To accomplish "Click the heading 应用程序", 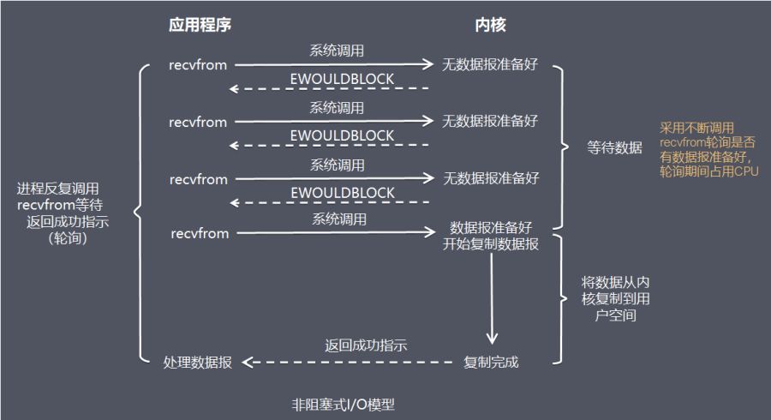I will [x=200, y=25].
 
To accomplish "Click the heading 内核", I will [x=491, y=25].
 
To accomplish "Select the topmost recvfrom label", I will [x=199, y=64].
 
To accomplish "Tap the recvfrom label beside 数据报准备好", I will [x=200, y=233].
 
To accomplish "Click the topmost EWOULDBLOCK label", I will [x=342, y=79].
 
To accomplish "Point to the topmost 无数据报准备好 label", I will [x=490, y=64].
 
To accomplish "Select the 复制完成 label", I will [x=491, y=362].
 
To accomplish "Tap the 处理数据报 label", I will [x=197, y=362].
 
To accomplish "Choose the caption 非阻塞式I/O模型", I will [x=343, y=404].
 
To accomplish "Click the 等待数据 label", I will [x=614, y=147].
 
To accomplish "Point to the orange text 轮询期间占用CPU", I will [x=709, y=171].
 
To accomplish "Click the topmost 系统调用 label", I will [x=337, y=51].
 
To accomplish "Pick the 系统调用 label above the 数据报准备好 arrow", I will [x=338, y=219].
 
